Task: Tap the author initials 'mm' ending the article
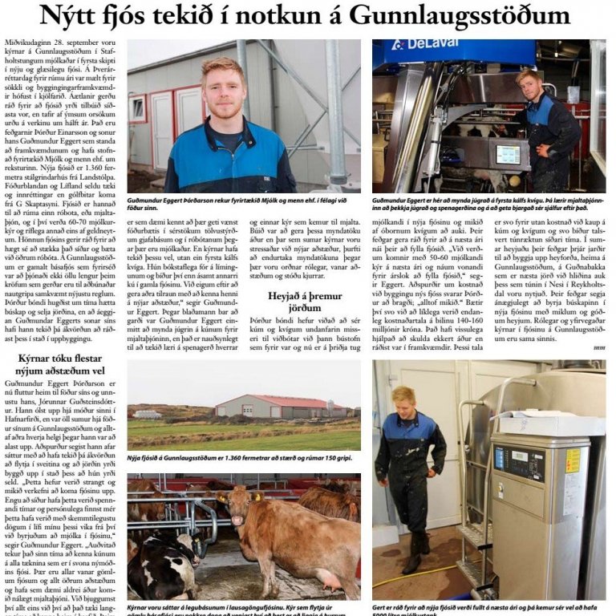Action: coord(599,347)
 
